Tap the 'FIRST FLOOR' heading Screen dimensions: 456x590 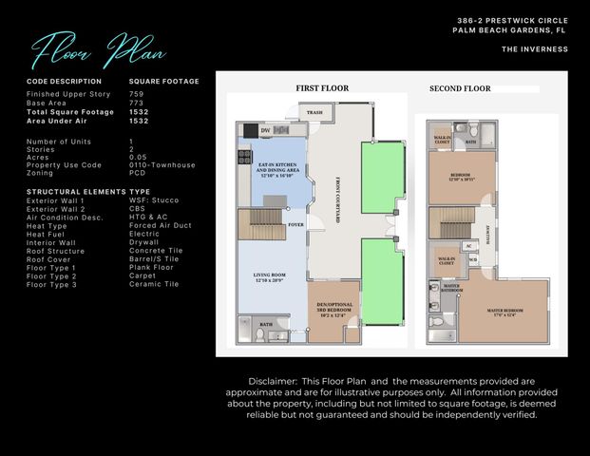(321, 88)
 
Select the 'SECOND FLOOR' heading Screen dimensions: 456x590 (460, 88)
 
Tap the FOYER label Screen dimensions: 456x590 (295, 225)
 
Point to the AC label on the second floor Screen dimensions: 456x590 (467, 246)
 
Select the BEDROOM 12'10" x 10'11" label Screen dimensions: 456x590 (461, 179)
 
